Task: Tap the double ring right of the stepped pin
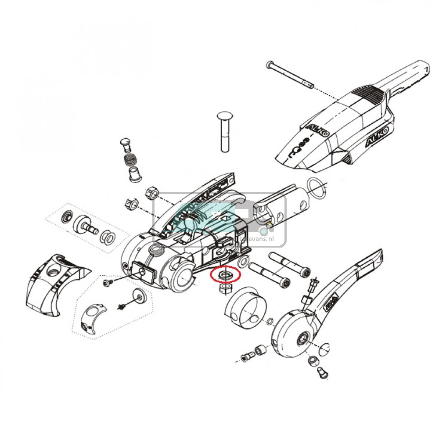(108, 237)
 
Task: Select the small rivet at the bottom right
(321, 373)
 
